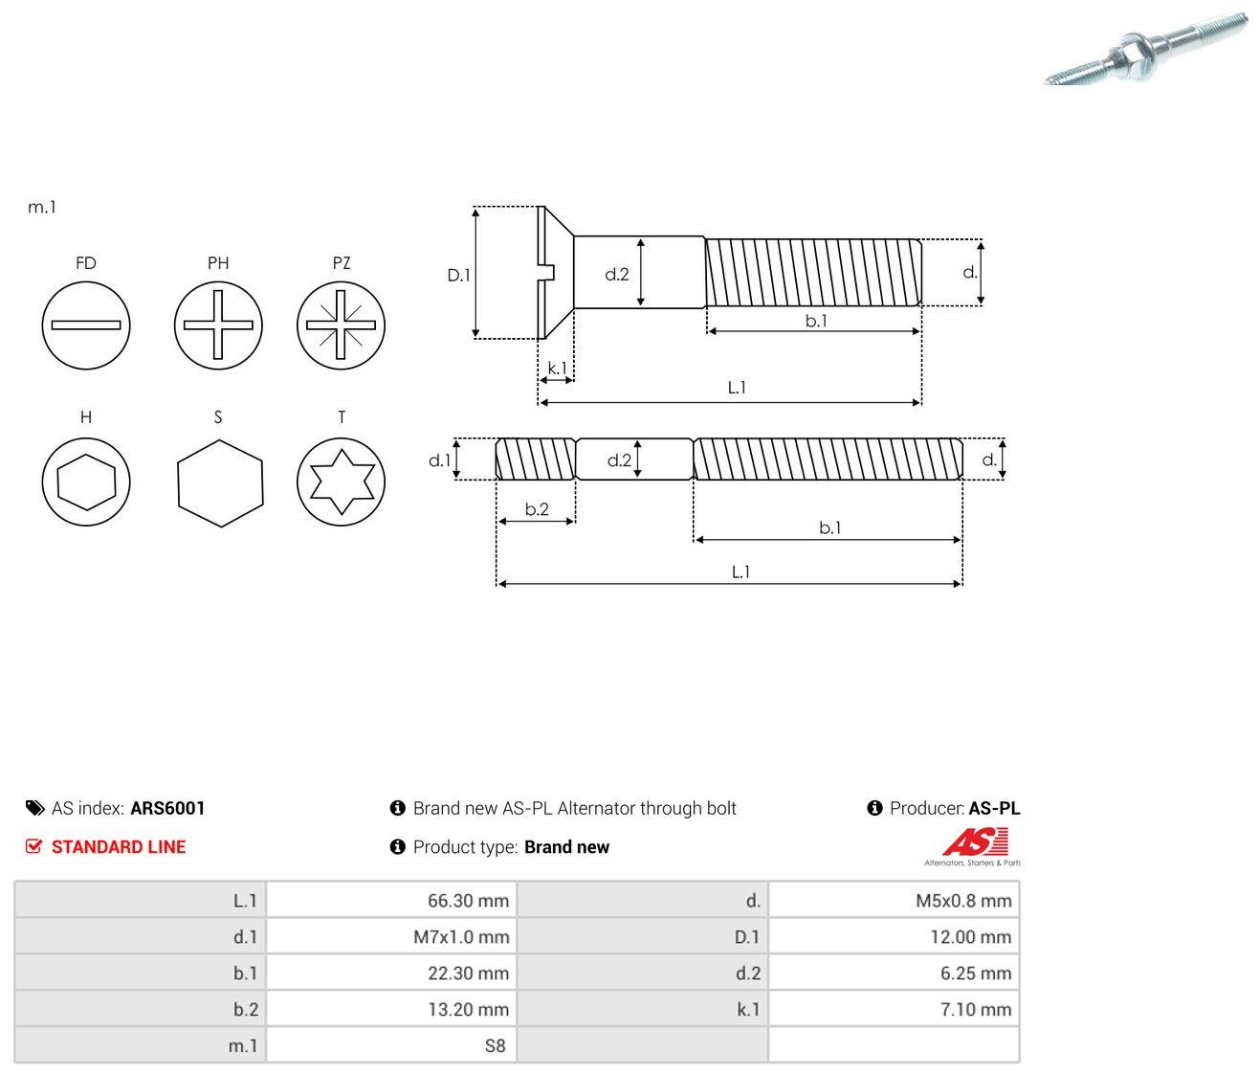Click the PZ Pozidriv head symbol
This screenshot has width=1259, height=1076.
click(x=341, y=325)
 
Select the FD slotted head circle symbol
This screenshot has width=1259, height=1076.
click(x=86, y=325)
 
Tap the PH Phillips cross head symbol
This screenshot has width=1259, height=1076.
click(x=218, y=325)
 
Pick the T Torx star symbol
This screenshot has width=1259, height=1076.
click(x=341, y=482)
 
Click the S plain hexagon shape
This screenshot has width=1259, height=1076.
click(x=220, y=482)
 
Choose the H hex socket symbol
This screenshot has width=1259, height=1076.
click(x=86, y=482)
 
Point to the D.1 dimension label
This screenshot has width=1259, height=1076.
click(x=458, y=276)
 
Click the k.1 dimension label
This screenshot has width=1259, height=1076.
click(x=557, y=368)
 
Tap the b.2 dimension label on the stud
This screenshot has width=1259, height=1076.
click(x=537, y=509)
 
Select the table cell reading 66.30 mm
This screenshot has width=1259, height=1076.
click(x=391, y=900)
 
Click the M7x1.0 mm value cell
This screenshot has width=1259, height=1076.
click(x=391, y=936)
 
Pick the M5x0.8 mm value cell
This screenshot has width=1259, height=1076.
click(x=894, y=900)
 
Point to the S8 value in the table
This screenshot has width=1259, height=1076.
click(x=495, y=1045)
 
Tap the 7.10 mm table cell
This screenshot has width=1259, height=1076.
click(x=894, y=1009)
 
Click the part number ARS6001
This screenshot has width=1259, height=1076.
click(x=167, y=808)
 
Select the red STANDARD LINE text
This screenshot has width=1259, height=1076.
click(x=119, y=847)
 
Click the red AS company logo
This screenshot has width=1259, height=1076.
click(x=973, y=846)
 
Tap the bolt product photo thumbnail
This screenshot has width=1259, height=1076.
click(x=1145, y=49)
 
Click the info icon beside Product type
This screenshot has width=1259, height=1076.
click(x=397, y=846)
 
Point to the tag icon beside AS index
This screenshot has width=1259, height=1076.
click(x=34, y=808)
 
